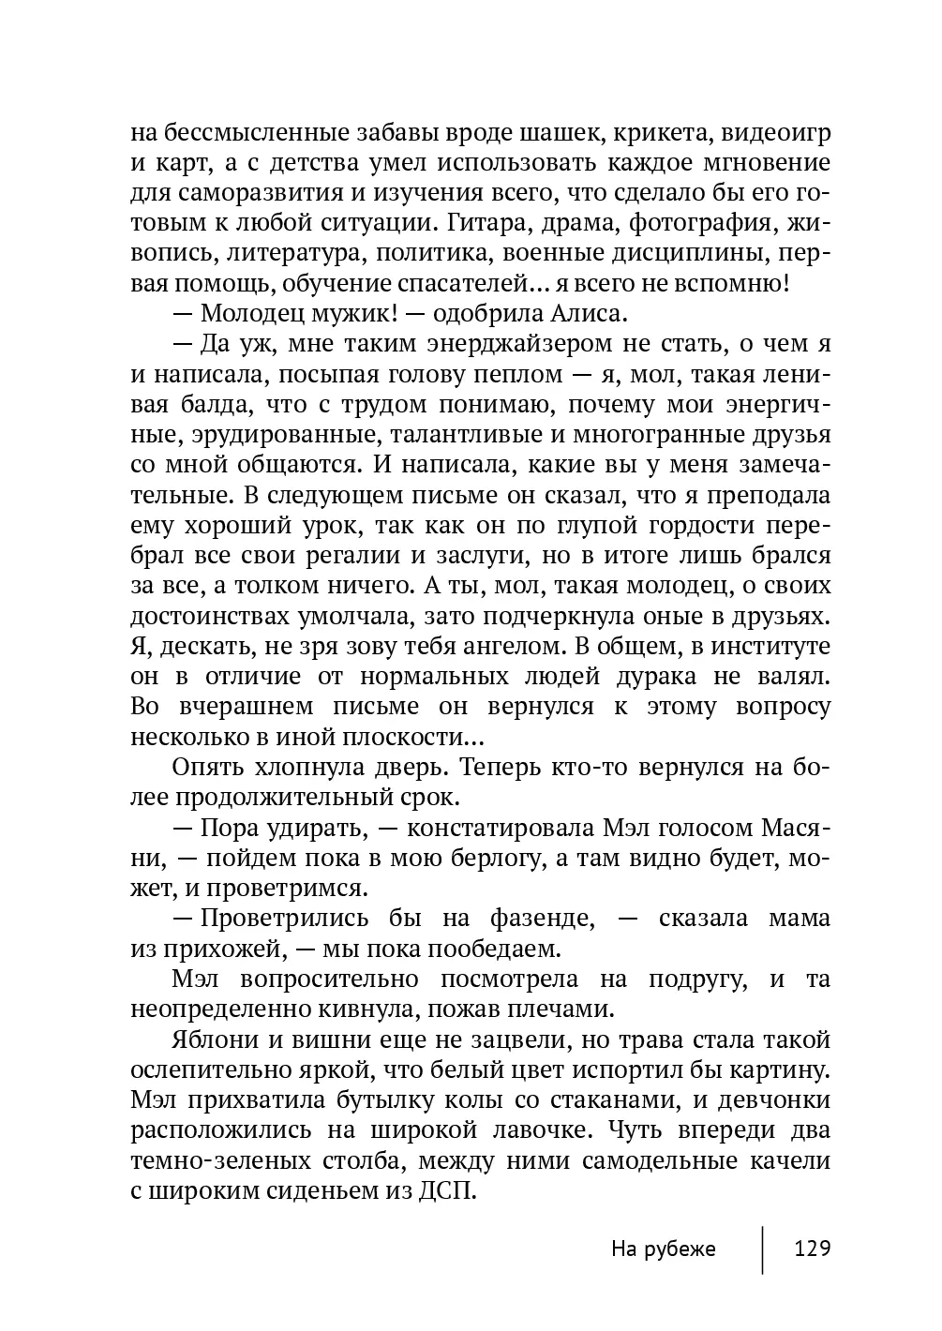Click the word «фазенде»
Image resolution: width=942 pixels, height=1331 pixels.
click(542, 918)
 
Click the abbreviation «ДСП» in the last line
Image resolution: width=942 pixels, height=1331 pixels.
click(450, 1191)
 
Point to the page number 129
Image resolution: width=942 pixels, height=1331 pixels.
click(813, 1249)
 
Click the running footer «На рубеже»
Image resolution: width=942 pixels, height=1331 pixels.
click(663, 1249)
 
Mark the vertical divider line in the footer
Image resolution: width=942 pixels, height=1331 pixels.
click(763, 1249)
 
